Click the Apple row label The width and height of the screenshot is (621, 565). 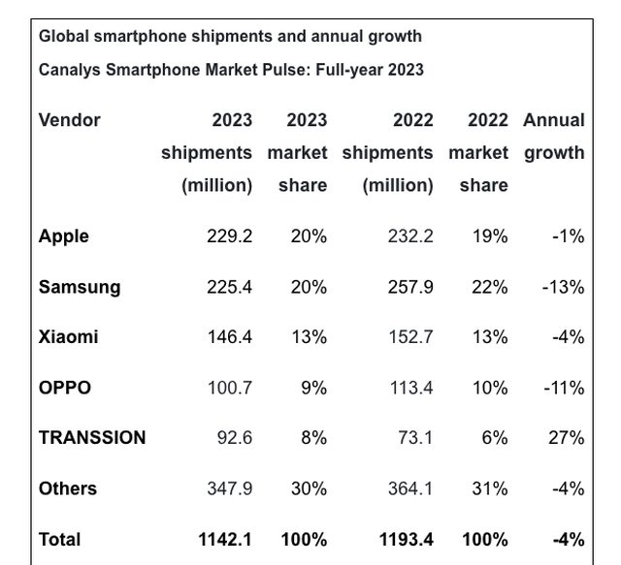(63, 236)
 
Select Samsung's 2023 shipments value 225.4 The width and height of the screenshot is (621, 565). (229, 287)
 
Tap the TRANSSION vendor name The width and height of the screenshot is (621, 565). (92, 438)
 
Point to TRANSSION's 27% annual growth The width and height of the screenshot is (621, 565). (566, 438)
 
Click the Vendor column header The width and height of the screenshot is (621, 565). (70, 120)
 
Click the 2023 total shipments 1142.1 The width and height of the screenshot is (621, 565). (225, 539)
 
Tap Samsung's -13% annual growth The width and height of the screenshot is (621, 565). (563, 287)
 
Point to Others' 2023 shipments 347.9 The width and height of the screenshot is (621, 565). (229, 488)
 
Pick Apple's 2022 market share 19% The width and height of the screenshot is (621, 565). (489, 236)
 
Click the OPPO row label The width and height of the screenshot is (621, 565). (65, 388)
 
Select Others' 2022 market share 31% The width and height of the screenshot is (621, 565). (489, 488)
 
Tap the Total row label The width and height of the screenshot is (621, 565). (60, 539)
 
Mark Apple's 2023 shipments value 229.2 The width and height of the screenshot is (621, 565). (229, 236)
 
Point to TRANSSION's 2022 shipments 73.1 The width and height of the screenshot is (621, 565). (416, 438)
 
